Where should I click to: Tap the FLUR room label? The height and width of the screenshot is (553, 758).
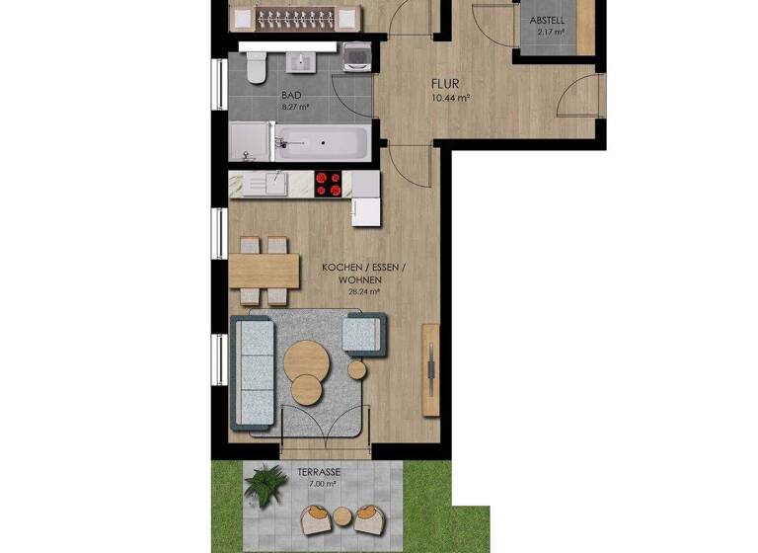click(449, 85)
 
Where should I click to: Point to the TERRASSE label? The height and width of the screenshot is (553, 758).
click(319, 473)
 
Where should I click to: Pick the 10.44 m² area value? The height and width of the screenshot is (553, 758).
click(449, 98)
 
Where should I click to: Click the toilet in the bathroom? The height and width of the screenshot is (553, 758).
click(255, 66)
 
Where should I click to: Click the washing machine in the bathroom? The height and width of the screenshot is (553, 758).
click(356, 60)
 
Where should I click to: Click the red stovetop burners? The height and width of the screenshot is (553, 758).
click(328, 184)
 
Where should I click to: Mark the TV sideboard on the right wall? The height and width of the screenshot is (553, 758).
click(431, 364)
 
